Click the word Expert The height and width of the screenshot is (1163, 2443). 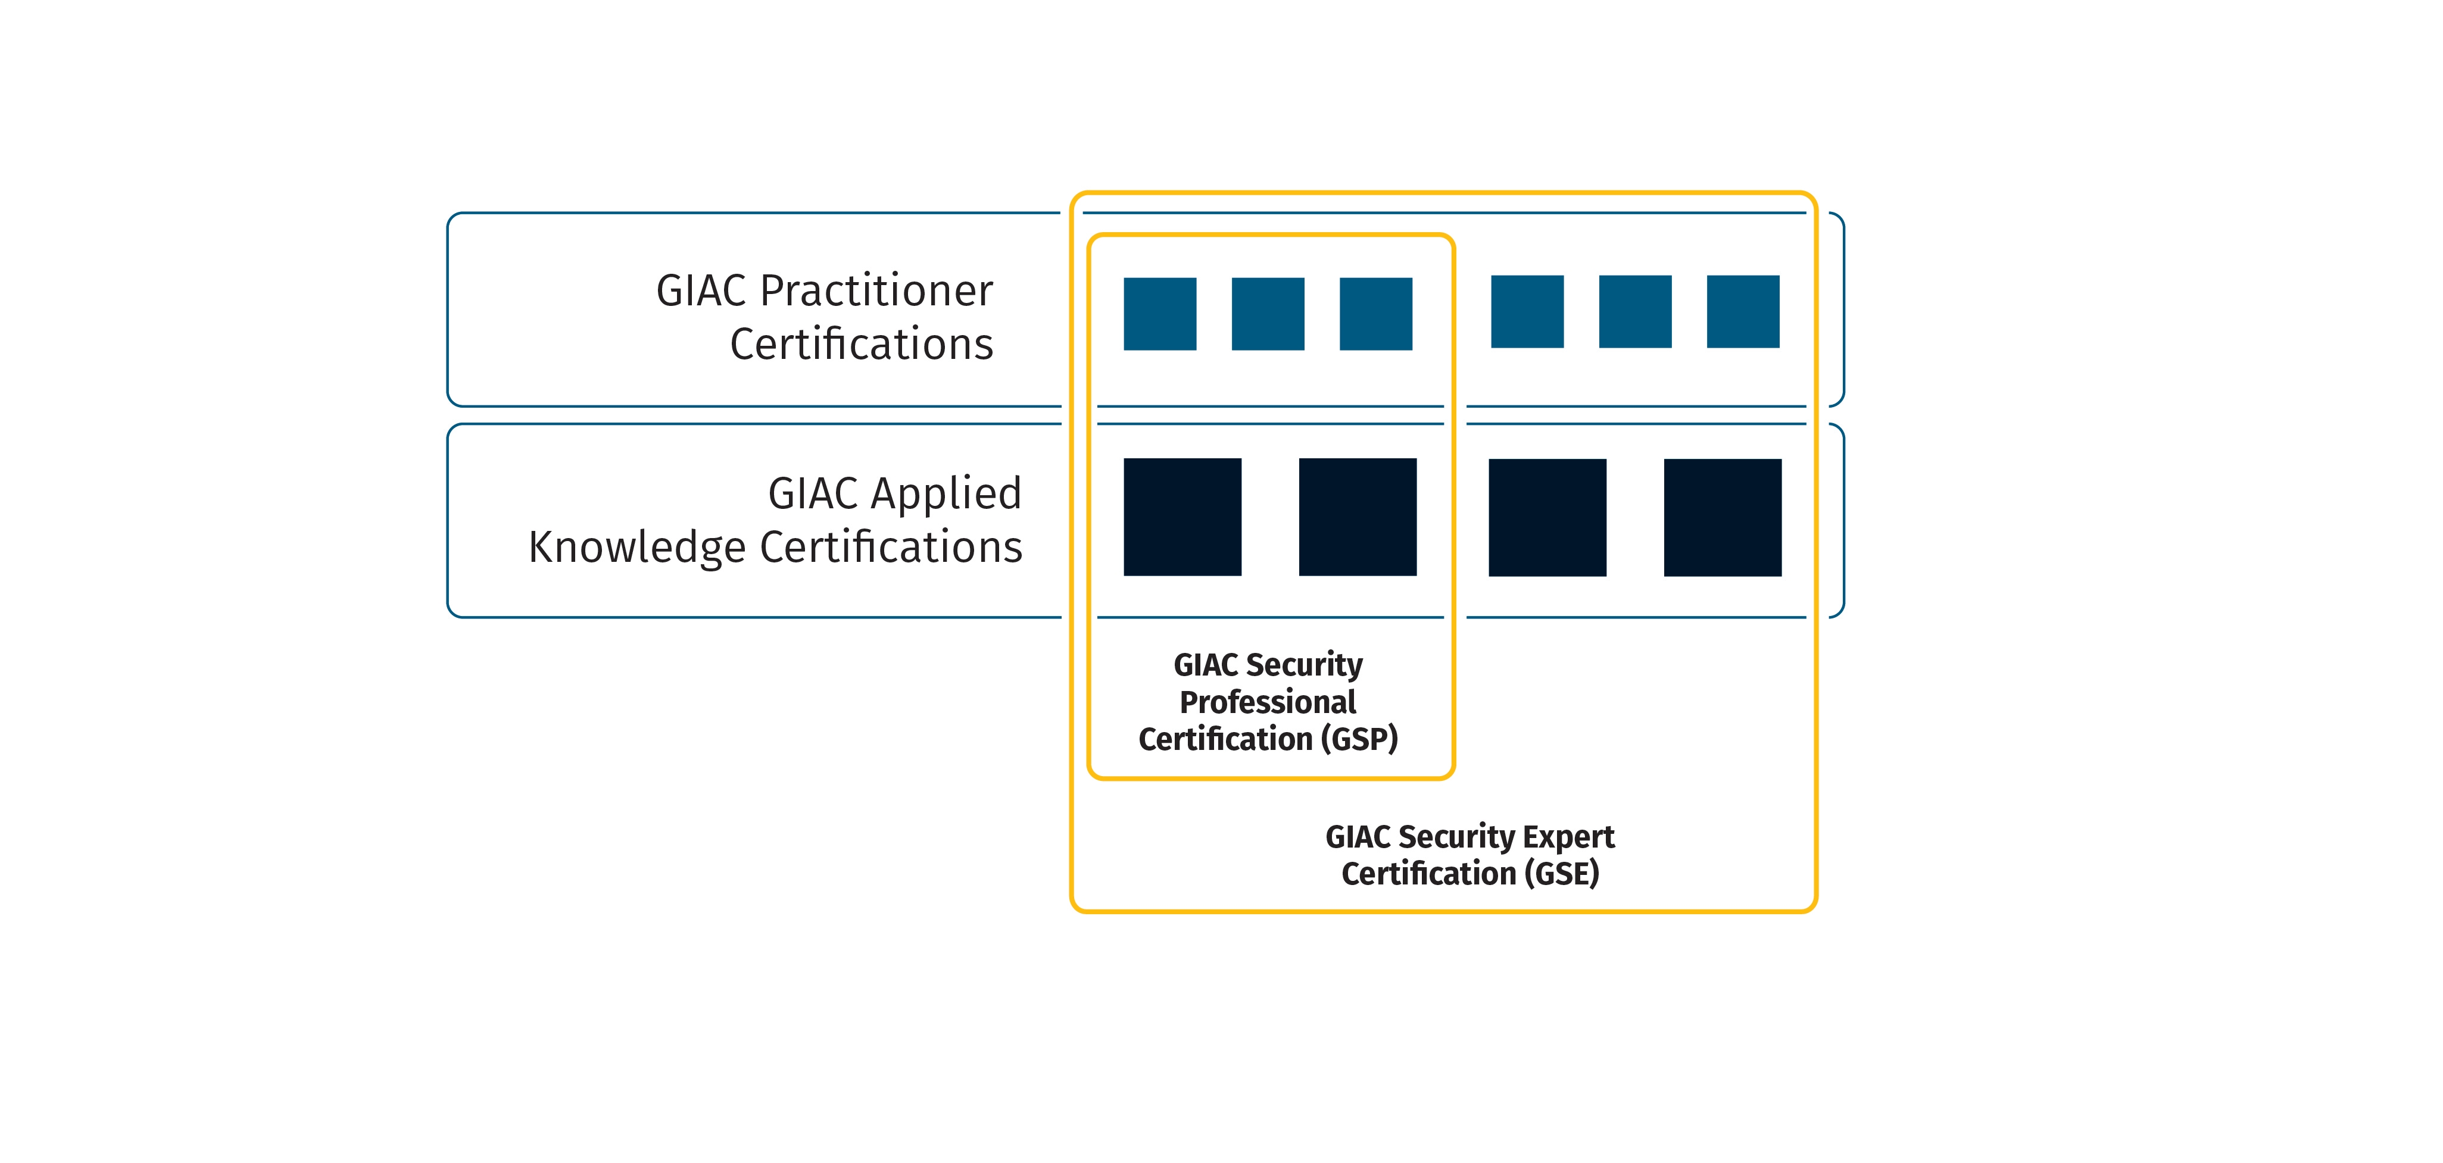[x=1568, y=837]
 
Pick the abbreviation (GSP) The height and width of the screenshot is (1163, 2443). [x=1359, y=739]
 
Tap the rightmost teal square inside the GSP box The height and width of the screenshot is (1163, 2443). [x=1375, y=314]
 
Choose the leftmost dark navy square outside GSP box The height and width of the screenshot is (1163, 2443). [x=1547, y=518]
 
